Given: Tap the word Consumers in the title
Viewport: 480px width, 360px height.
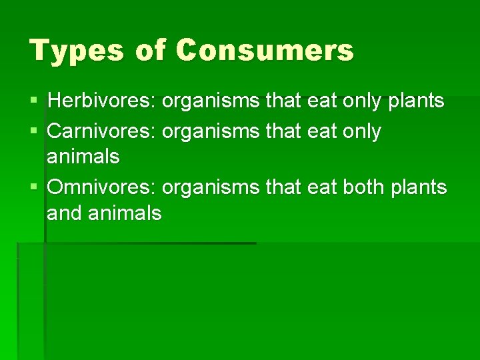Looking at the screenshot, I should (265, 51).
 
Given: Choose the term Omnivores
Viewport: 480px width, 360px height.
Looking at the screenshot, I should (101, 188).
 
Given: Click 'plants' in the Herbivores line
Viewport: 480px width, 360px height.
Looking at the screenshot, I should (417, 101).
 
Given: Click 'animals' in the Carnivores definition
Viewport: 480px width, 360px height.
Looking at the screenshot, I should (83, 157).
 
